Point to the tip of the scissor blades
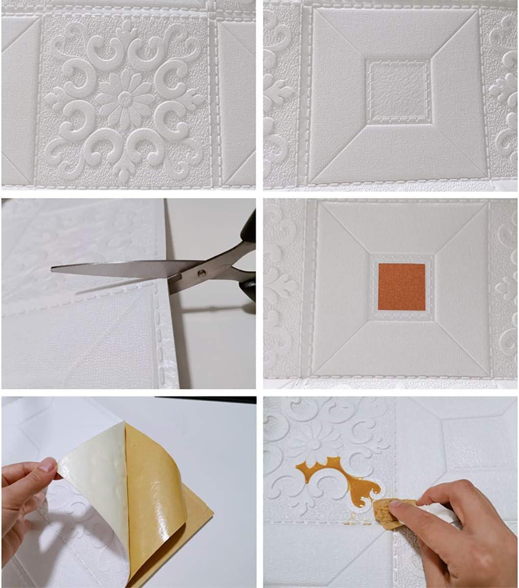click(x=52, y=268)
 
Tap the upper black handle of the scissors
click(x=249, y=228)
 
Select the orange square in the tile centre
click(x=401, y=287)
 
